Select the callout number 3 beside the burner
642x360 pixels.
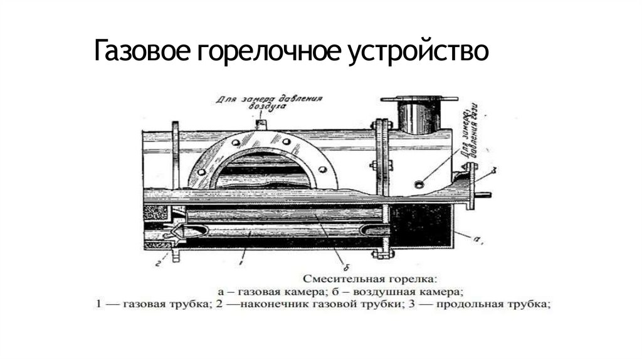click(x=495, y=170)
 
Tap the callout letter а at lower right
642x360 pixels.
click(x=478, y=240)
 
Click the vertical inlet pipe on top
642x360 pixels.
click(x=418, y=115)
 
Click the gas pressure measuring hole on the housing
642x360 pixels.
click(x=418, y=184)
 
